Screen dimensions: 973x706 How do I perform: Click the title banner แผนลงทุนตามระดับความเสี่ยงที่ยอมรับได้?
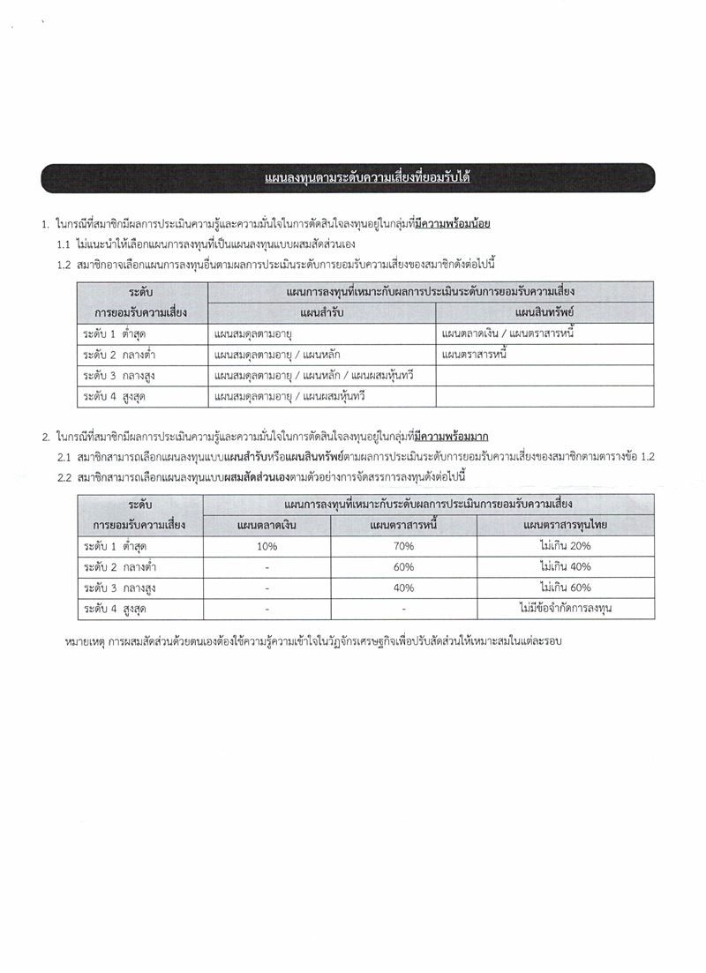[x=366, y=178]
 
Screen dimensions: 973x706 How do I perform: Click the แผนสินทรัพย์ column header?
[x=545, y=312]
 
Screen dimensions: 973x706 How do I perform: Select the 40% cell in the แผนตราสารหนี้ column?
[x=403, y=588]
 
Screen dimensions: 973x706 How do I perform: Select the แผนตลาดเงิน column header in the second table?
[x=267, y=526]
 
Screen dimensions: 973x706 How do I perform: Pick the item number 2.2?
[x=64, y=477]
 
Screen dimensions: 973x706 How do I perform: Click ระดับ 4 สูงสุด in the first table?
[x=115, y=397]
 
